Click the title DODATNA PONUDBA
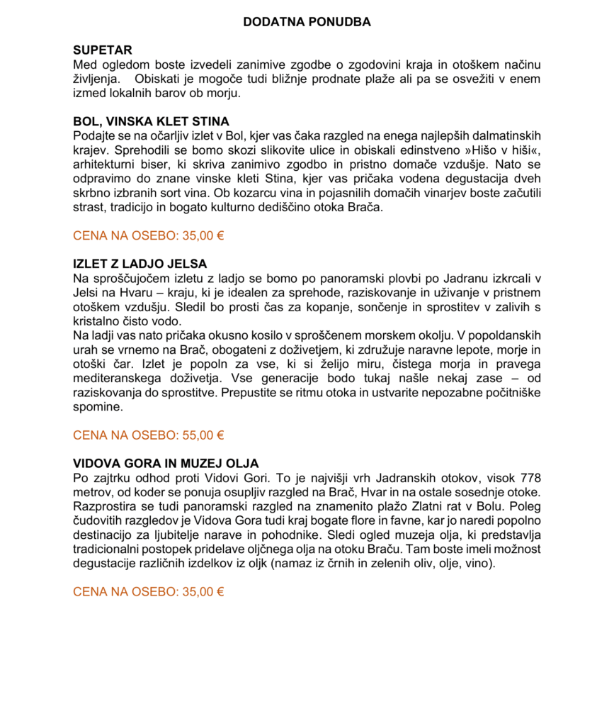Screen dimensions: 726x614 (307, 22)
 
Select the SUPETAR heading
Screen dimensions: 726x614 (103, 50)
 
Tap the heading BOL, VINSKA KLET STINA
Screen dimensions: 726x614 (151, 121)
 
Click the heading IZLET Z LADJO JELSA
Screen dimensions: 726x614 (140, 264)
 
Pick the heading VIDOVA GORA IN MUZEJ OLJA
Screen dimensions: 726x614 (166, 463)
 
